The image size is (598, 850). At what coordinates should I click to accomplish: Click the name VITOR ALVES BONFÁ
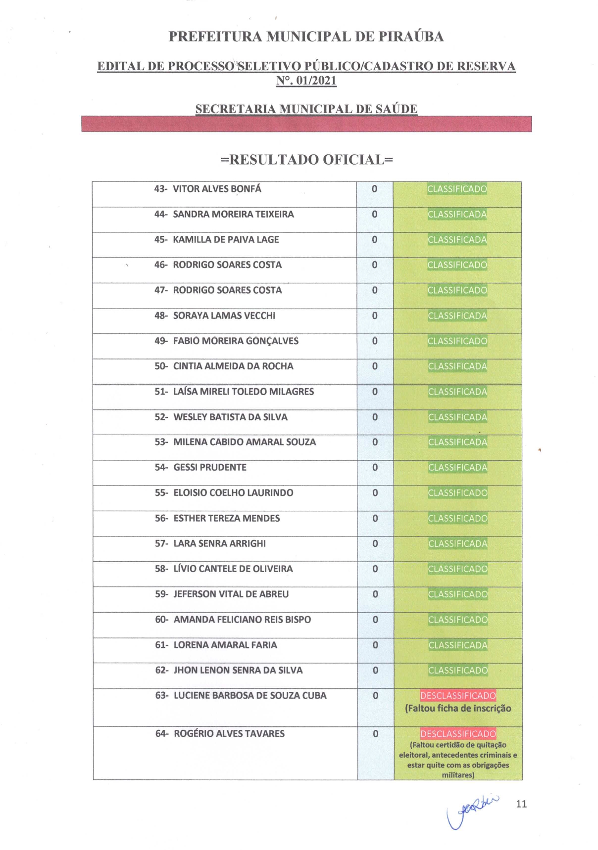pyautogui.click(x=217, y=189)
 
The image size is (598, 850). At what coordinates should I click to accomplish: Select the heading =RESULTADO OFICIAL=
pyautogui.click(x=306, y=160)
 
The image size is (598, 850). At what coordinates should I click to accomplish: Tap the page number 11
pyautogui.click(x=521, y=804)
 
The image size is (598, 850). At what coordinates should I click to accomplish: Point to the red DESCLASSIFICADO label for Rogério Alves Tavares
pyautogui.click(x=458, y=734)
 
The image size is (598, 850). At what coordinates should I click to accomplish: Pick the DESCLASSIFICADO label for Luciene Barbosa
pyautogui.click(x=458, y=696)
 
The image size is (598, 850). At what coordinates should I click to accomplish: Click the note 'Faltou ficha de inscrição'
pyautogui.click(x=458, y=709)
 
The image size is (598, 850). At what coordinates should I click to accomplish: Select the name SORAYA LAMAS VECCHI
pyautogui.click(x=224, y=315)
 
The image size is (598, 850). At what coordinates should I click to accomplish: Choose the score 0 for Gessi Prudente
pyautogui.click(x=375, y=467)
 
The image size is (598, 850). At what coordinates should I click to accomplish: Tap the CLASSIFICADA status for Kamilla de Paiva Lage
pyautogui.click(x=457, y=240)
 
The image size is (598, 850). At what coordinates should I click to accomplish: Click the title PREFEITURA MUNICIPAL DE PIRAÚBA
pyautogui.click(x=306, y=37)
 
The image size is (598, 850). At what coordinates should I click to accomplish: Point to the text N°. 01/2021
pyautogui.click(x=306, y=81)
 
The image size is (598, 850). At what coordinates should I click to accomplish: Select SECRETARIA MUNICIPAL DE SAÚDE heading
pyautogui.click(x=306, y=109)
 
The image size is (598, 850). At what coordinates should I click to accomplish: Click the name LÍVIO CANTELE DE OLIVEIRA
pyautogui.click(x=233, y=569)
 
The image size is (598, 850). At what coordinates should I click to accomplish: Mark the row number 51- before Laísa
pyautogui.click(x=161, y=392)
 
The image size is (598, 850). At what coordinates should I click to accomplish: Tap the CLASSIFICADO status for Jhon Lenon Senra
pyautogui.click(x=458, y=671)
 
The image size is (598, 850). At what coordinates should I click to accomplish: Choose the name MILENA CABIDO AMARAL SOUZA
pyautogui.click(x=245, y=442)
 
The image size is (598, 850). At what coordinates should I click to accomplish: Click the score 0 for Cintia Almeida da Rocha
pyautogui.click(x=375, y=366)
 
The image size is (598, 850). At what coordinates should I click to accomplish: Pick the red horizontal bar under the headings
pyautogui.click(x=306, y=124)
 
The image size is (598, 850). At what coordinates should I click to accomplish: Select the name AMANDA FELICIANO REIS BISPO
pyautogui.click(x=242, y=620)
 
